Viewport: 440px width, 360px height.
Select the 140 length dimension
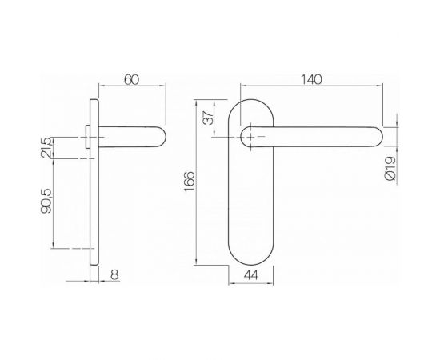[x=312, y=79]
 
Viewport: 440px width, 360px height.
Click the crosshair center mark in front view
[x=253, y=138]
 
